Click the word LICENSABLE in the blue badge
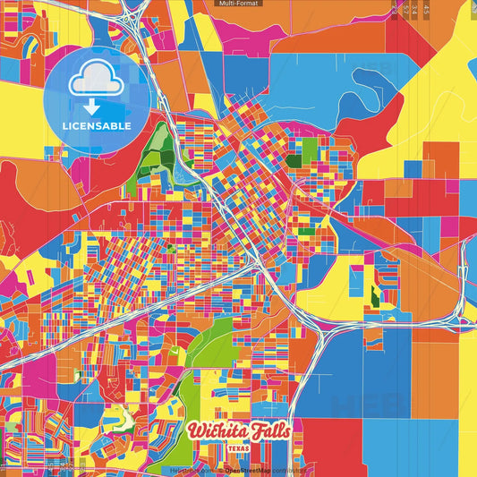pyautogui.click(x=97, y=126)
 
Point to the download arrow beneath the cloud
pyautogui.click(x=97, y=106)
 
